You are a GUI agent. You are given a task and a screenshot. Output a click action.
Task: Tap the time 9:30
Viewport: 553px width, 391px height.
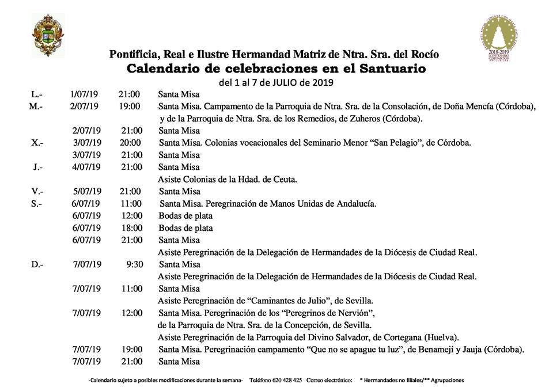click(x=134, y=264)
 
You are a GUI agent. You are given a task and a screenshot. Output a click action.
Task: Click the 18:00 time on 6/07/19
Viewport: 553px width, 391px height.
click(x=131, y=228)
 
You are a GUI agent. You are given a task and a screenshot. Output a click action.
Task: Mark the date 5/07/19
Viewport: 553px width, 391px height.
click(x=87, y=191)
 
